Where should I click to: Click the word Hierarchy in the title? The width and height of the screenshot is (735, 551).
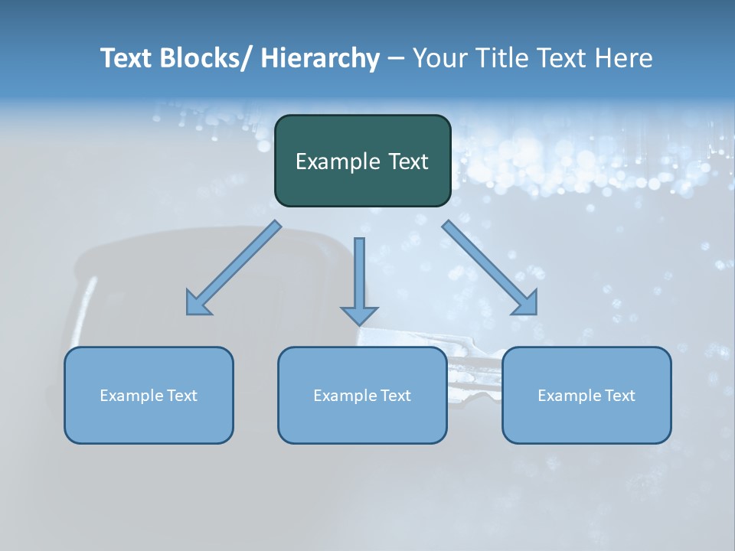click(319, 58)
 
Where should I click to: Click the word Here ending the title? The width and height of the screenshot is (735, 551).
click(621, 58)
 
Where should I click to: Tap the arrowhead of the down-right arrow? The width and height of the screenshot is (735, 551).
click(527, 304)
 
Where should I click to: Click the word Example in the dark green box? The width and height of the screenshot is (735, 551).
click(334, 161)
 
